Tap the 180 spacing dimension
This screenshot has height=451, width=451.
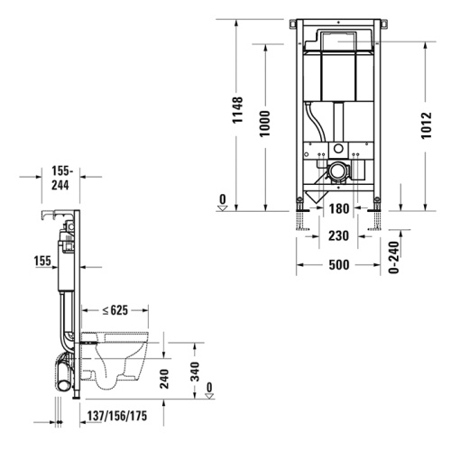pos(337,209)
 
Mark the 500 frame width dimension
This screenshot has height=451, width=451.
pos(337,265)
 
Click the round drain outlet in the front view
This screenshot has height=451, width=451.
pos(337,170)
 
